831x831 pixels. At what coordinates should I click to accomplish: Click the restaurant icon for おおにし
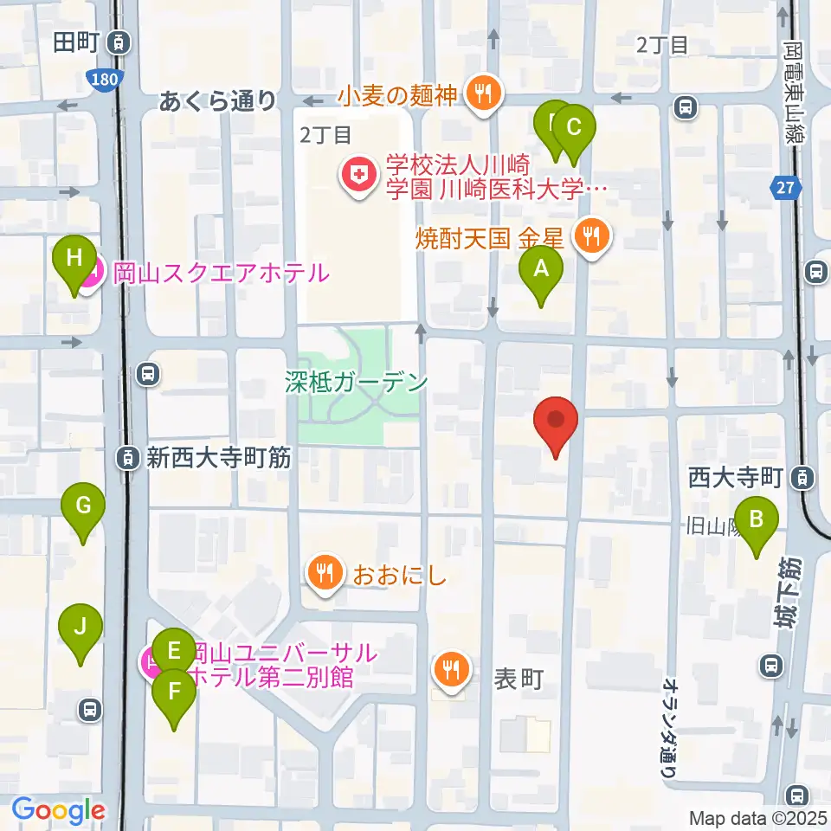click(x=325, y=573)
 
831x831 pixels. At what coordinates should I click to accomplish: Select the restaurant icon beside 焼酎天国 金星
click(x=593, y=235)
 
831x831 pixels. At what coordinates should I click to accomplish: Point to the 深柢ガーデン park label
click(x=358, y=380)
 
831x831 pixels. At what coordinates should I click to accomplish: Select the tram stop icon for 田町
click(x=120, y=42)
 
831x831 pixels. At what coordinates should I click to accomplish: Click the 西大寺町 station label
click(x=736, y=476)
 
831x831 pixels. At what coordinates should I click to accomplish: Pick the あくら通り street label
click(x=217, y=101)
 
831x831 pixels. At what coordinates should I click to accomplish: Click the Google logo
click(x=58, y=810)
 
